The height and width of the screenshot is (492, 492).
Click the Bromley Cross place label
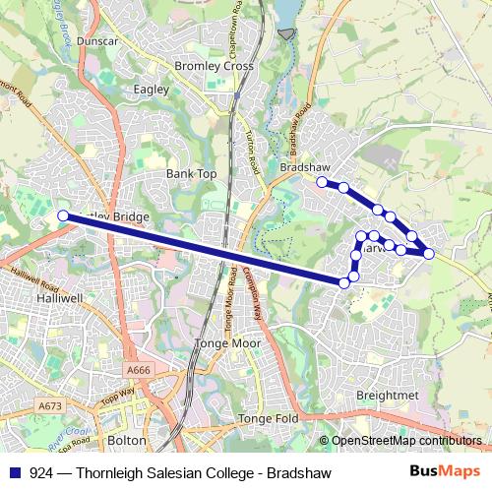click(x=213, y=66)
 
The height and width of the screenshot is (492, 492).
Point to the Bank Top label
click(x=191, y=173)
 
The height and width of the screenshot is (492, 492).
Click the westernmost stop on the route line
click(x=63, y=215)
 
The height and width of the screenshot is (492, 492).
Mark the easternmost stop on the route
click(x=429, y=254)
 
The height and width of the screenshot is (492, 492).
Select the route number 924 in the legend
click(x=41, y=473)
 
